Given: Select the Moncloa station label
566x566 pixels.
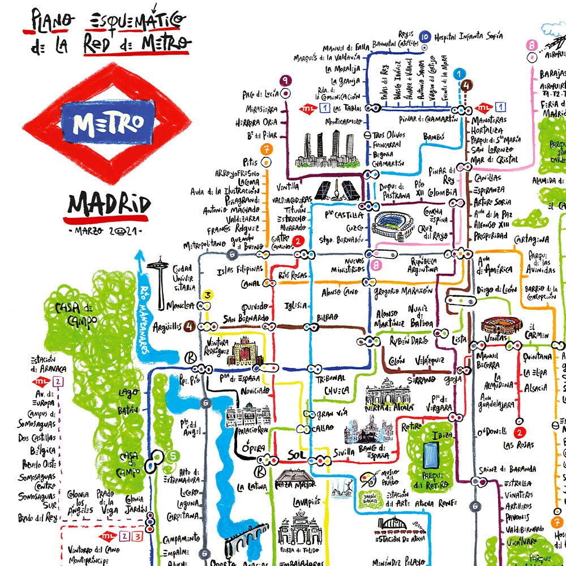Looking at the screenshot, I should pyautogui.click(x=181, y=306).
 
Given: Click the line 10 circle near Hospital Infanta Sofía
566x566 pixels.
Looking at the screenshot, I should pyautogui.click(x=425, y=37).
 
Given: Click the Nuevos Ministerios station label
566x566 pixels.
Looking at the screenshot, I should pyautogui.click(x=347, y=264).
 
